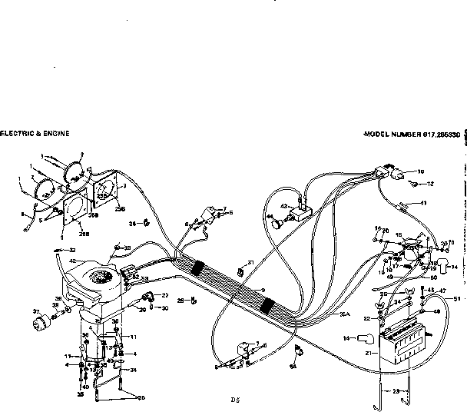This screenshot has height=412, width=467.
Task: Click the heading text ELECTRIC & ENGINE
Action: tap(35, 133)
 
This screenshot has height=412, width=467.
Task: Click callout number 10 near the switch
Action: tap(420, 171)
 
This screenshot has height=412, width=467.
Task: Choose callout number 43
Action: tap(284, 207)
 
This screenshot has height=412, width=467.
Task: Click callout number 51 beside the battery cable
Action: tap(459, 298)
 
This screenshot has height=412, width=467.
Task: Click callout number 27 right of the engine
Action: tap(164, 294)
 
